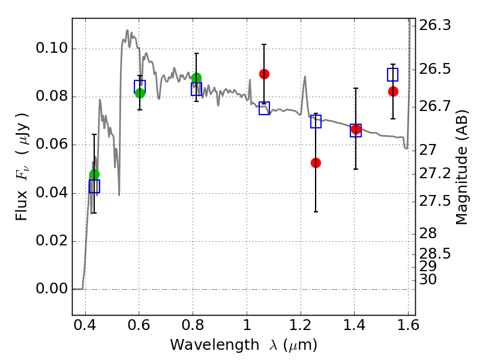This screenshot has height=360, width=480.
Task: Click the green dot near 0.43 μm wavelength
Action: (94, 175)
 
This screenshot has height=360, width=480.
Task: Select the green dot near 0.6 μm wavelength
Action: (140, 93)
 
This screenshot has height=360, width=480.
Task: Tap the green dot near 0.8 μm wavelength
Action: (197, 78)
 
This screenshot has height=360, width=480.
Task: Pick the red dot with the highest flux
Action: (264, 74)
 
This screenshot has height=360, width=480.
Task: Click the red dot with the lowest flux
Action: (316, 163)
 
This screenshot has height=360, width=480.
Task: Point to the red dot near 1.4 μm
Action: (356, 129)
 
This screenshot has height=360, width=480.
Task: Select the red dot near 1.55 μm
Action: (393, 92)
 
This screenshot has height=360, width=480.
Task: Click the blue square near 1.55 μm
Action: (393, 74)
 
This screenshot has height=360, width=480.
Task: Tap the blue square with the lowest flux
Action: (94, 187)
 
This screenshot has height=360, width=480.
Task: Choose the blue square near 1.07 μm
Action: (264, 109)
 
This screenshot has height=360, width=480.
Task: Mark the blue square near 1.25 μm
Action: (316, 122)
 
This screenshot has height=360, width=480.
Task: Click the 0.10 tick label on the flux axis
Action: (52, 48)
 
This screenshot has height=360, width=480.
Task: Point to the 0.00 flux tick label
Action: (52, 289)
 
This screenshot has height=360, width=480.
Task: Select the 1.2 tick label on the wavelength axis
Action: (301, 325)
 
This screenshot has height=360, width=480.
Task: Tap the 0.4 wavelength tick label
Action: (85, 325)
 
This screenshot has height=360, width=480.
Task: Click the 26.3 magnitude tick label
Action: (434, 25)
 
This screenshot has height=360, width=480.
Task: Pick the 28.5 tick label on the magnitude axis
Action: (434, 254)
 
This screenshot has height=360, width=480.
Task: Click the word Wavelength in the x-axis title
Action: (215, 345)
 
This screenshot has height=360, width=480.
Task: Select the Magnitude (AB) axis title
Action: (461, 167)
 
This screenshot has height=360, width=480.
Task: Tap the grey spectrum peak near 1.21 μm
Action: (305, 77)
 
